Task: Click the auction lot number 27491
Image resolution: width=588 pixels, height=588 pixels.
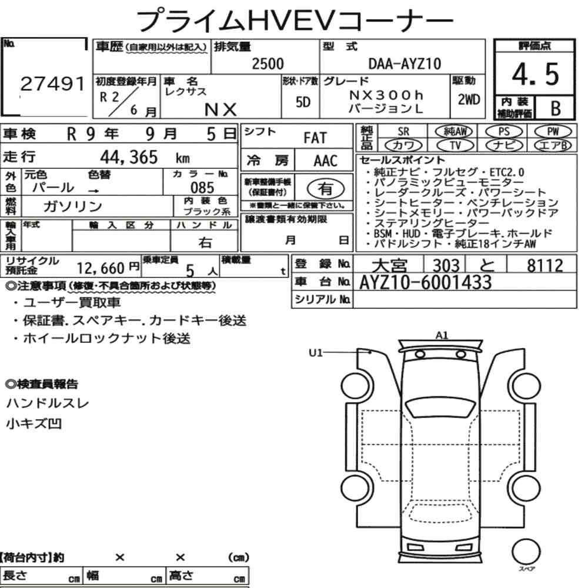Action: [52, 84]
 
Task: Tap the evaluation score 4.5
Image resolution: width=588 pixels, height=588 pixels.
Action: [535, 74]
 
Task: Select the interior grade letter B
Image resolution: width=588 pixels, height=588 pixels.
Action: [556, 108]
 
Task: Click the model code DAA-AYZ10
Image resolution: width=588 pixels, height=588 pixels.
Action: [405, 64]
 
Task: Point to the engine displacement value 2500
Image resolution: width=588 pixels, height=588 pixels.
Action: [268, 64]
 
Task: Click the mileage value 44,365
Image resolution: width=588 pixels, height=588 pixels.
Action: [129, 157]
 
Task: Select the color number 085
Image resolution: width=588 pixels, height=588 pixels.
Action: [202, 188]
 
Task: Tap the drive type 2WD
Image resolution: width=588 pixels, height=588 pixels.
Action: [469, 100]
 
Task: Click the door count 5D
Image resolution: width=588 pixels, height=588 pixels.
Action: [303, 102]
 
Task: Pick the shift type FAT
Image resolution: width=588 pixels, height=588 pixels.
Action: [315, 138]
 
